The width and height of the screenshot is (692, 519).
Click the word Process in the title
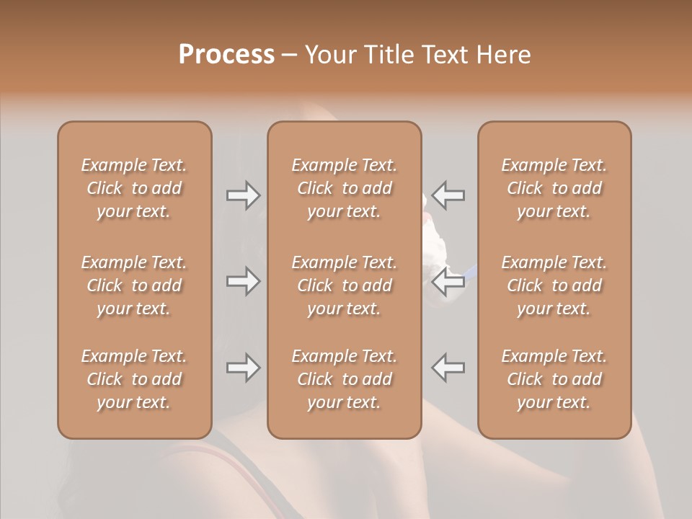point(226,55)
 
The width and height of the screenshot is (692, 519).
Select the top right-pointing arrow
point(243,195)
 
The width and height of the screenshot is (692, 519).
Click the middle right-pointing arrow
point(243,281)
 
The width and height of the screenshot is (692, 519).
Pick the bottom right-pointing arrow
point(243,368)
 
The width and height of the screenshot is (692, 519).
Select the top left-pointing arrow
point(448,195)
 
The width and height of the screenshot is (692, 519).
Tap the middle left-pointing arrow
point(448,281)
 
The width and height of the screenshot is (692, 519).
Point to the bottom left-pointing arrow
point(448,368)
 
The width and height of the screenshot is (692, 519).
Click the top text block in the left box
point(134,188)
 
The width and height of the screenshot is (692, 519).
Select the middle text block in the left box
point(134,285)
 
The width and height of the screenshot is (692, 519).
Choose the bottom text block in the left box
point(134,379)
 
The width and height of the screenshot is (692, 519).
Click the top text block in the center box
point(345,188)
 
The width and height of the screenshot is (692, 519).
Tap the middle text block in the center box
point(345,285)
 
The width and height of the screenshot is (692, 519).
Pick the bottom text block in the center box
point(345,379)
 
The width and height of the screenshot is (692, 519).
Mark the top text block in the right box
point(554,188)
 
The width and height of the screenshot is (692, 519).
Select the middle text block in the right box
point(554,285)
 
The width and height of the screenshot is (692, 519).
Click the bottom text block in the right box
point(554,379)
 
